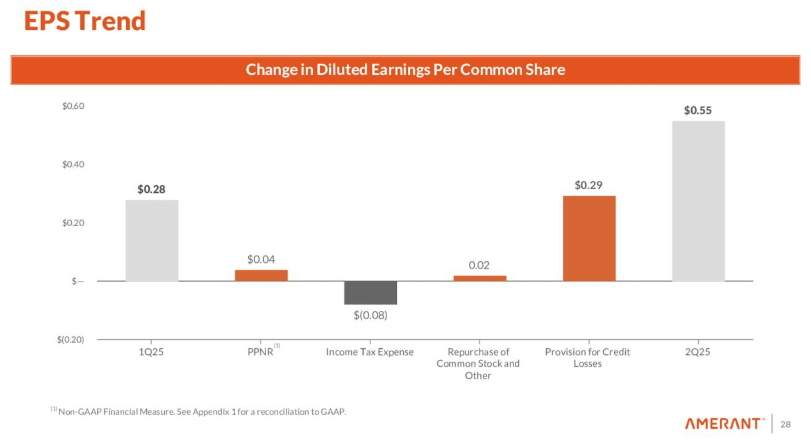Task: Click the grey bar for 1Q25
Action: click(152, 240)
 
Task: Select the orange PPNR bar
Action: click(261, 275)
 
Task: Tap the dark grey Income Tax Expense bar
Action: click(370, 293)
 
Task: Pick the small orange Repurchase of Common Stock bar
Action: click(479, 279)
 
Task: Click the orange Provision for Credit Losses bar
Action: click(589, 239)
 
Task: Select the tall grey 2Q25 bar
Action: click(698, 201)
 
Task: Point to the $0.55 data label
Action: click(698, 111)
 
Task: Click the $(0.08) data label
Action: click(370, 315)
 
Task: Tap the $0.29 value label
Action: click(589, 185)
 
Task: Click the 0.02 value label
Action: click(479, 265)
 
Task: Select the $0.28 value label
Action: click(151, 190)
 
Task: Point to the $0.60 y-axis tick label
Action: click(73, 106)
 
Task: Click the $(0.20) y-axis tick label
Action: click(71, 340)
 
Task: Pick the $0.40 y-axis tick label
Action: click(73, 164)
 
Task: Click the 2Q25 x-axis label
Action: click(697, 352)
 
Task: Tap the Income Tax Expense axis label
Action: click(370, 352)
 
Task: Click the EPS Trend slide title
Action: click(85, 21)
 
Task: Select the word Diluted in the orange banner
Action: click(342, 70)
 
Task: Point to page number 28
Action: click(785, 424)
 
